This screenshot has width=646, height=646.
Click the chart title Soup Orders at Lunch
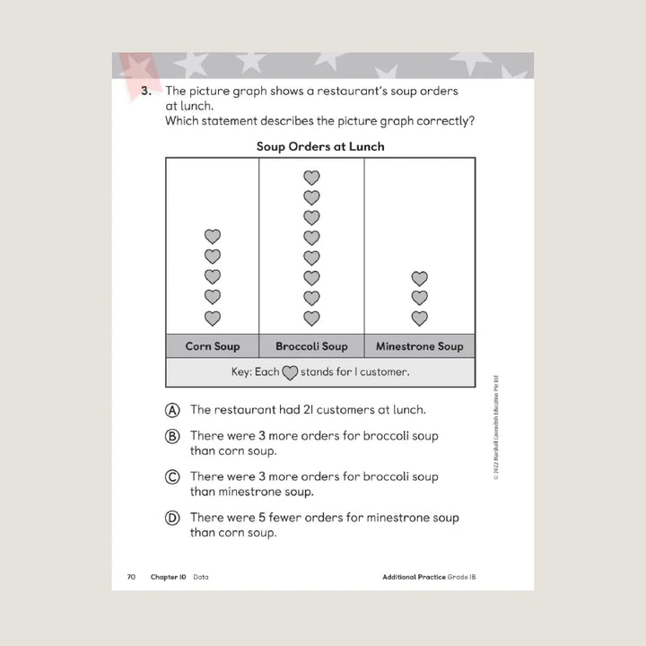(x=320, y=146)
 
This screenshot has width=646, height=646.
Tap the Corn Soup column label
(x=213, y=346)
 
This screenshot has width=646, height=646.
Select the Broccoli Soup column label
(x=311, y=346)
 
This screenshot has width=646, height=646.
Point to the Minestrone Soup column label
(x=419, y=346)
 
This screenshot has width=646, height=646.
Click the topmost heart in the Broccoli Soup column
(x=311, y=178)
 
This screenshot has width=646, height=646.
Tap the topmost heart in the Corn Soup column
(x=213, y=237)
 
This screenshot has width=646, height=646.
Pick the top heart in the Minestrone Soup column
(x=419, y=278)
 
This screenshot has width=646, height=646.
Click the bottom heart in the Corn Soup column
(x=213, y=318)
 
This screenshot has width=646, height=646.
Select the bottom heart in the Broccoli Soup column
(x=311, y=318)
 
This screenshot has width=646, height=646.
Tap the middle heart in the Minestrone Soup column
(x=419, y=298)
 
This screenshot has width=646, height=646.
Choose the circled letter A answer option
(x=172, y=410)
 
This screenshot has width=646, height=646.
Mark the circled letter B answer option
(x=172, y=437)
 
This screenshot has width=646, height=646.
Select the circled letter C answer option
(x=172, y=477)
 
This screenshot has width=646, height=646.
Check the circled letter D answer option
(x=172, y=518)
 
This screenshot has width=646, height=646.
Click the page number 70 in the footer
(x=131, y=577)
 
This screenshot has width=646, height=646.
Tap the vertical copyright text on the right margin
(x=495, y=425)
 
